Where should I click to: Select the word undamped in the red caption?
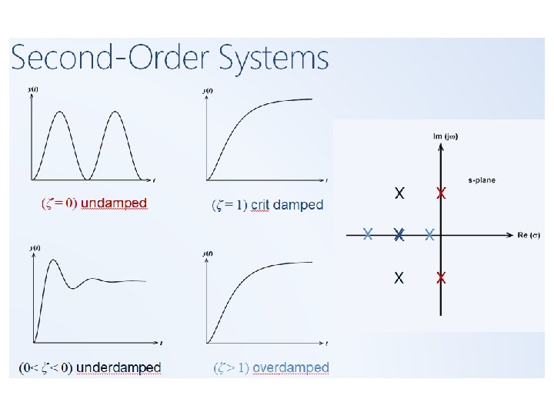(114, 203)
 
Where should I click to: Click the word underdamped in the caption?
(118, 368)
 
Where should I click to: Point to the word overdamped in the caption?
(291, 368)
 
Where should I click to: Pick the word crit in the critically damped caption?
(260, 205)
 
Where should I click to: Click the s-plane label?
(481, 180)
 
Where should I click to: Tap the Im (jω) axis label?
(446, 136)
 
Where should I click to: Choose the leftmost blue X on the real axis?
(369, 233)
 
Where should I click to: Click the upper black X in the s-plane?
(399, 193)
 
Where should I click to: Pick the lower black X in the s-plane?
(399, 278)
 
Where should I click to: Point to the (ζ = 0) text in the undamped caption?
(58, 203)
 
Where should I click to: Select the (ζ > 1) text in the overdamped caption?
(231, 368)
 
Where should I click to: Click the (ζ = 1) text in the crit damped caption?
(229, 205)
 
